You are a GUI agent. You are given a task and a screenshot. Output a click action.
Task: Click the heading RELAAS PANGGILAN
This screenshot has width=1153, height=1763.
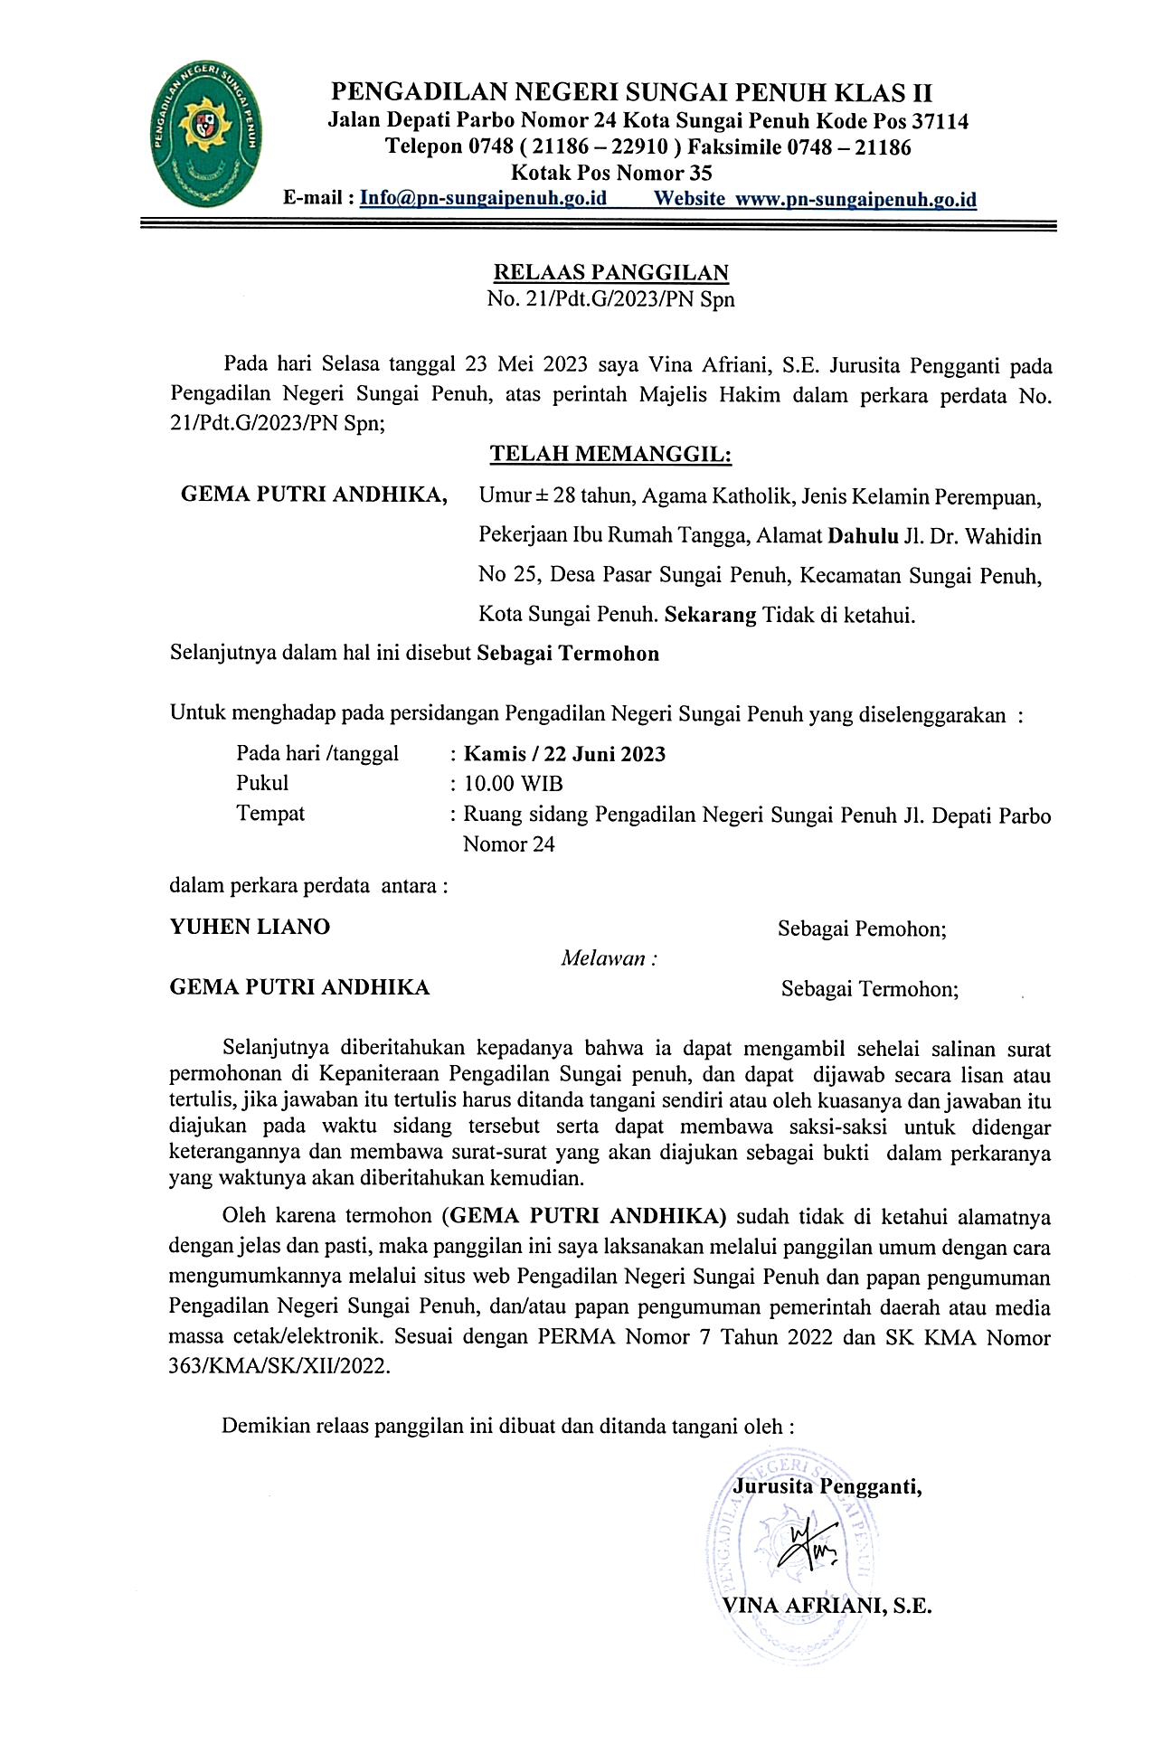(x=610, y=272)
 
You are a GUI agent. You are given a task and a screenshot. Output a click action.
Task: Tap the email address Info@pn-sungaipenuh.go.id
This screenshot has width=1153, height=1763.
(x=483, y=199)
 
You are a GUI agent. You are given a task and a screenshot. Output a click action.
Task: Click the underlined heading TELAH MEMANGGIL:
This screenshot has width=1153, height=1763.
(x=610, y=454)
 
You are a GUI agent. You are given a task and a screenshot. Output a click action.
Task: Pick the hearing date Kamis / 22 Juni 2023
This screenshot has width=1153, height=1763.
(x=564, y=754)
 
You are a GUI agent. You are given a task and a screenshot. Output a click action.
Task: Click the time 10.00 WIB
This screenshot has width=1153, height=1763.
(x=513, y=783)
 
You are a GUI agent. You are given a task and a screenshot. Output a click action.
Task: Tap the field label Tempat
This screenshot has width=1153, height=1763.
(x=270, y=813)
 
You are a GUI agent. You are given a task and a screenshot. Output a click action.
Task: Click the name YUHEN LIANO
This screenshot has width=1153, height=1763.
(x=250, y=927)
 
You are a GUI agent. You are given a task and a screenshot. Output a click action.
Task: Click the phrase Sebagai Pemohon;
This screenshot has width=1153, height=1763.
(x=862, y=929)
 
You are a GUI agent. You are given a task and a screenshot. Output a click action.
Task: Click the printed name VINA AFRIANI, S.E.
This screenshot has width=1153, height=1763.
(x=827, y=1606)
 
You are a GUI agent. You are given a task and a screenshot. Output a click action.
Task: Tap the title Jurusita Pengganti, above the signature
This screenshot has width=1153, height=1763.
(x=827, y=1486)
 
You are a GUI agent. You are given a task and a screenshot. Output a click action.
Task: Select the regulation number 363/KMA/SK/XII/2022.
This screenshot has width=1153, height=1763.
(x=280, y=1367)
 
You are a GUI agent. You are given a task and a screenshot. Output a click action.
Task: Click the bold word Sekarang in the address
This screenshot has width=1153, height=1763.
(x=710, y=616)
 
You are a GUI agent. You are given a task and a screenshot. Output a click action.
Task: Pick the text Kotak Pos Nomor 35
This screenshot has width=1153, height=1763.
(x=612, y=173)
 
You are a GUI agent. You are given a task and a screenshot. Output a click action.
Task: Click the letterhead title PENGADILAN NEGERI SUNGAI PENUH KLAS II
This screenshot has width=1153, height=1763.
(x=632, y=93)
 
